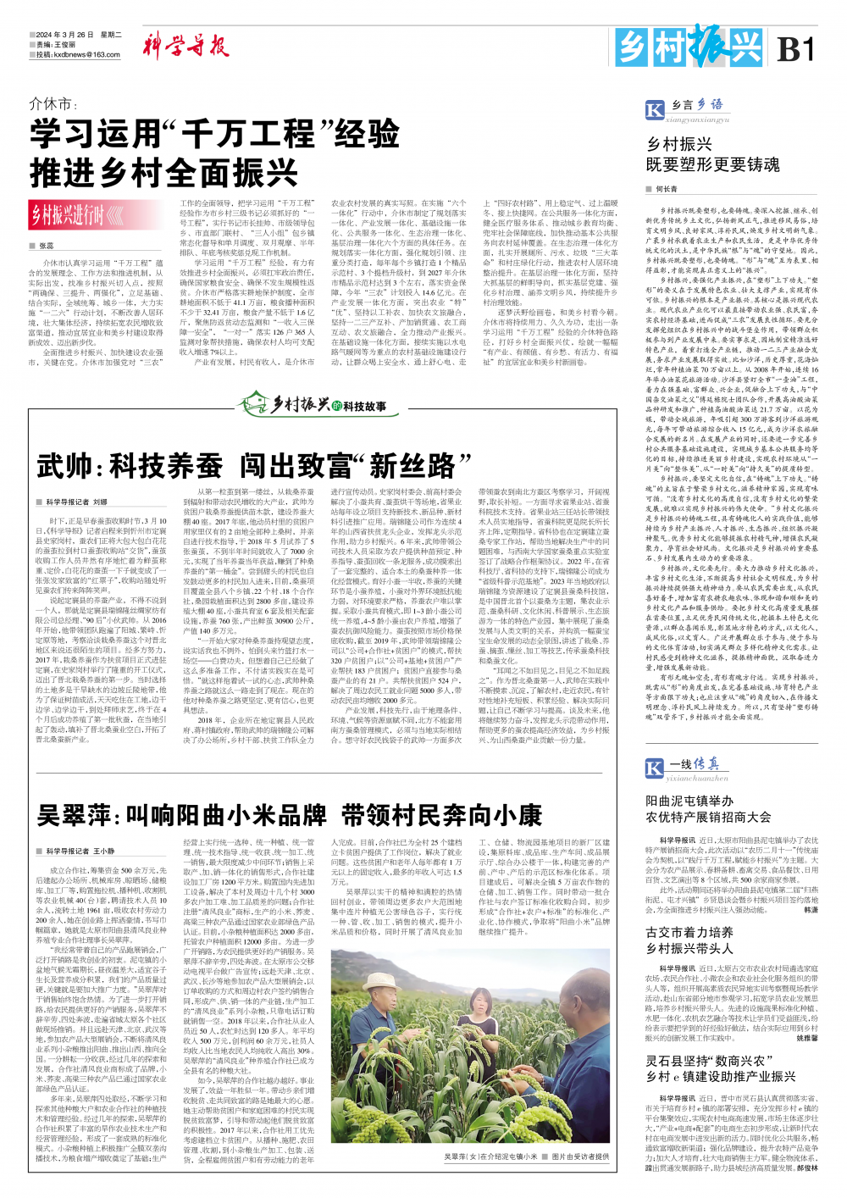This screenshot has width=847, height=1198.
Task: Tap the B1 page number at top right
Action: point(795,49)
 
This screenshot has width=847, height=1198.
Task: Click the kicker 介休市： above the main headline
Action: point(53,104)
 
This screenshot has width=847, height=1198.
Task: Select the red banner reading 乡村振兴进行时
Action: point(74,215)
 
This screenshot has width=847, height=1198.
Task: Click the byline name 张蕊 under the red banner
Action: point(46,246)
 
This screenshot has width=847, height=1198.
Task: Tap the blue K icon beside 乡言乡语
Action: point(655,109)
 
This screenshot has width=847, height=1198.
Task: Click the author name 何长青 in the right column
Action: point(667,189)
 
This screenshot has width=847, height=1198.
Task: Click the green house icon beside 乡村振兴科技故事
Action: point(253,402)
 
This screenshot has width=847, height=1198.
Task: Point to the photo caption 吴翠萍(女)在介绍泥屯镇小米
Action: point(491,1156)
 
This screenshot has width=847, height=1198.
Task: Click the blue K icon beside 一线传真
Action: point(655,768)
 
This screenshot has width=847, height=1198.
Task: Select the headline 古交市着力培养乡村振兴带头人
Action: point(689,940)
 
